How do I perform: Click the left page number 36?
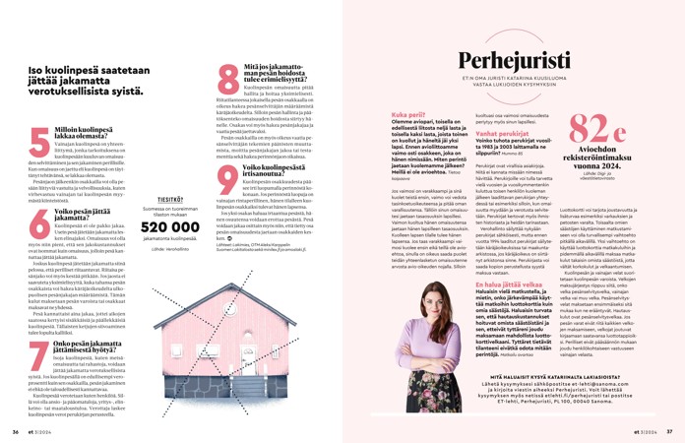pos(15,430)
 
